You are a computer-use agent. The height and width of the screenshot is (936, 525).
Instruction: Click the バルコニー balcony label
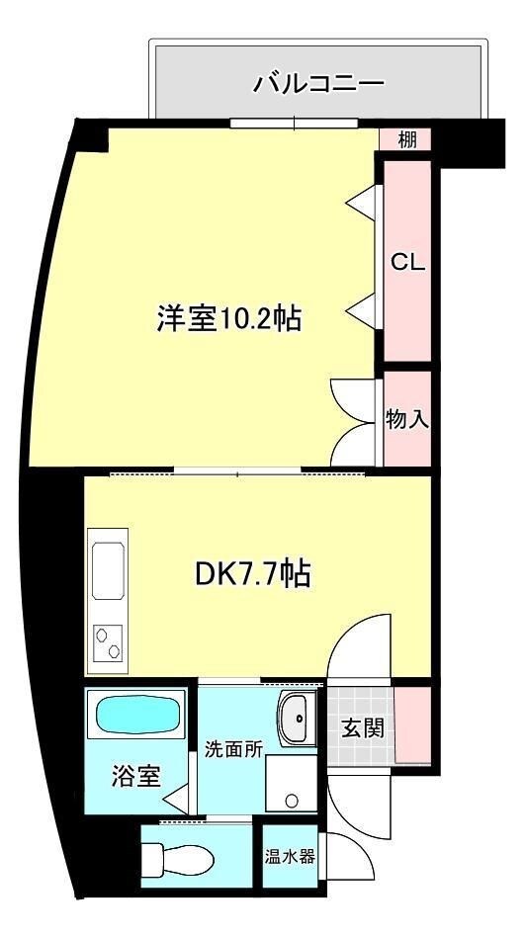click(x=318, y=83)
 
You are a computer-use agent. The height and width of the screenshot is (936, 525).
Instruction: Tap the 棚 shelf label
click(x=407, y=140)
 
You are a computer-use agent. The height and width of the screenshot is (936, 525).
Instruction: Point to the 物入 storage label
click(x=407, y=418)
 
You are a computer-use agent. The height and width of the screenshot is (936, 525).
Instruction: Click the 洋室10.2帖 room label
click(x=228, y=318)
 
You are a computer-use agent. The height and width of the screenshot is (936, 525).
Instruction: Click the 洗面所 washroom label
click(x=233, y=748)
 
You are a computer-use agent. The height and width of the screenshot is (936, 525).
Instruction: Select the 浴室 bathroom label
click(x=134, y=776)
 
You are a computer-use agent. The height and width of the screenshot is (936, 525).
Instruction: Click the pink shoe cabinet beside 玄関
click(x=413, y=723)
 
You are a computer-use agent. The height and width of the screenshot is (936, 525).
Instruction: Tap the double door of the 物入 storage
click(x=354, y=420)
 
